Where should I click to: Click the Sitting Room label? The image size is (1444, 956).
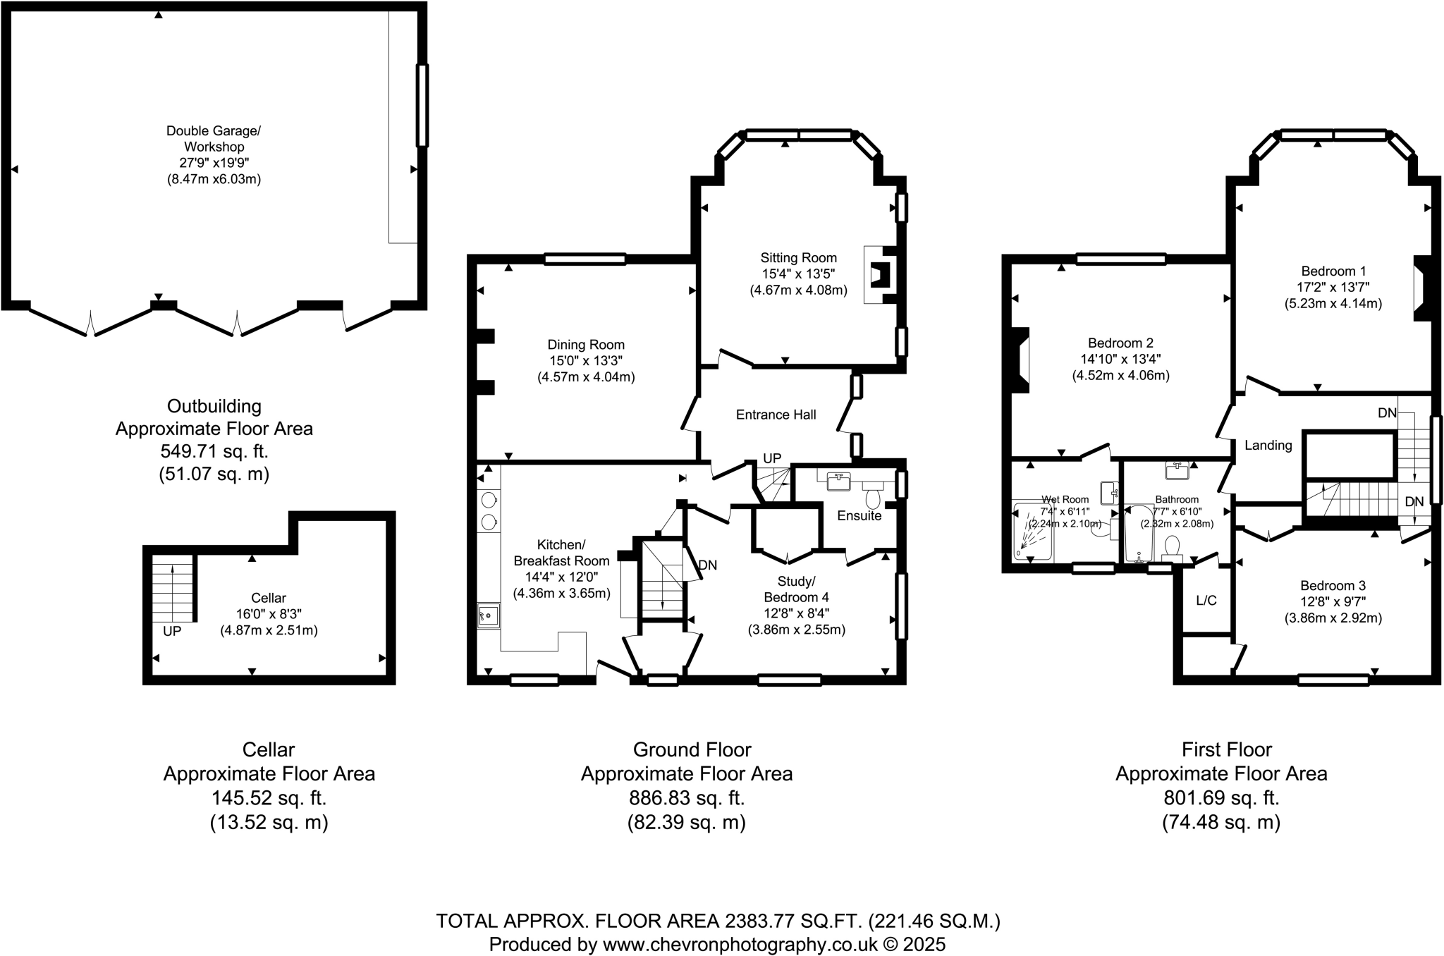pos(798,258)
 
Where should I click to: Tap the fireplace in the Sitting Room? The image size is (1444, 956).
pos(881,274)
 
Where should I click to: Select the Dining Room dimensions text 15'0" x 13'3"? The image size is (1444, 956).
pos(586,361)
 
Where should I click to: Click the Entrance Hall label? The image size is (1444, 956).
pos(776,415)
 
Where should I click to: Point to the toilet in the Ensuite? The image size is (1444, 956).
pos(874,497)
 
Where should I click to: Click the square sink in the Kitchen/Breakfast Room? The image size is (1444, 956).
pos(488,615)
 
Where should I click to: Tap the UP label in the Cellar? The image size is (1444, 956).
pos(172,632)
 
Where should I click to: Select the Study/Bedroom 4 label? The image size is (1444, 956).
pos(796,589)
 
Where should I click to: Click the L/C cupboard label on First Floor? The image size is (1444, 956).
pos(1206,601)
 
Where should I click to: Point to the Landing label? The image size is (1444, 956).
pos(1268,446)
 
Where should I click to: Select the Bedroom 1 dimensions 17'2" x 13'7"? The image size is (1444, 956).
pos(1333,288)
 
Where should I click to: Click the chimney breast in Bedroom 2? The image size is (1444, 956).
pos(1020,360)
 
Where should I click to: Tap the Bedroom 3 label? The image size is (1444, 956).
pos(1333,585)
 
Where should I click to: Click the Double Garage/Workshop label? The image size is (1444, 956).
pos(214,139)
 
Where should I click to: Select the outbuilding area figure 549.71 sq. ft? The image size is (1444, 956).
pos(214,451)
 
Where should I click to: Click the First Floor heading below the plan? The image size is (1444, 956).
pos(1227,749)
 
